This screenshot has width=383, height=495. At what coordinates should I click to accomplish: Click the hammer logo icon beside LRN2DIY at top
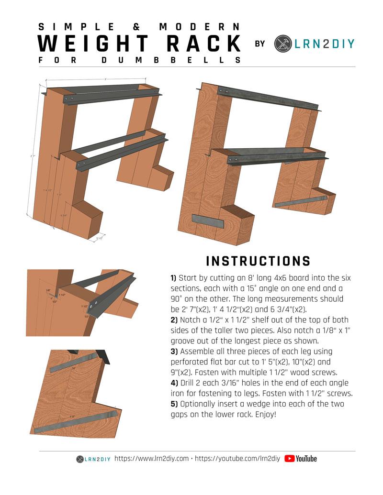coord(282,44)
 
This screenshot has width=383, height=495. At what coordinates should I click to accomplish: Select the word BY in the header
coord(260,44)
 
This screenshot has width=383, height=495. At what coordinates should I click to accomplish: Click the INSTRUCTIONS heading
coord(258,261)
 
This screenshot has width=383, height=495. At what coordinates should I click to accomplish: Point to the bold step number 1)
coord(173,278)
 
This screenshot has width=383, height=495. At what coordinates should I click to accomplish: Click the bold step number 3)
coord(173,362)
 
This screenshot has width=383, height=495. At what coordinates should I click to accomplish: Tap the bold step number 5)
coord(173,404)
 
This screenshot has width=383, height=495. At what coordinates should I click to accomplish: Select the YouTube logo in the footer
coord(301,459)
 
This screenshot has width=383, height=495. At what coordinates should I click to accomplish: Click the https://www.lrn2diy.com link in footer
coord(151,459)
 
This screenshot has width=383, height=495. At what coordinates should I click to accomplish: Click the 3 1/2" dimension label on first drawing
coord(99,238)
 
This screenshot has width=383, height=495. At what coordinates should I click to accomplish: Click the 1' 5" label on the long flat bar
coord(72,418)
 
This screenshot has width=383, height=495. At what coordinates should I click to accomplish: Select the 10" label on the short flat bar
coord(74,369)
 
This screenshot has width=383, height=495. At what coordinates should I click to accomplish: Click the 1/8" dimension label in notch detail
coord(48,290)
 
